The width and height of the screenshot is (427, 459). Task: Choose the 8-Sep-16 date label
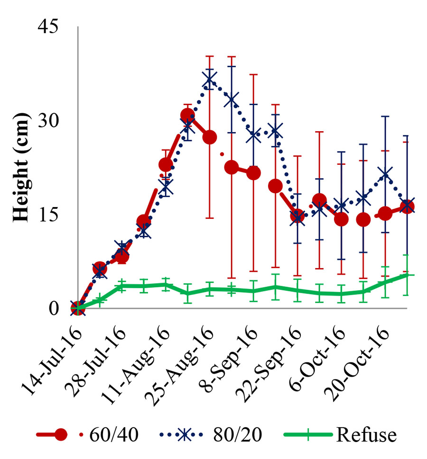[229, 346]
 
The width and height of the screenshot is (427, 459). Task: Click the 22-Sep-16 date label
[271, 348]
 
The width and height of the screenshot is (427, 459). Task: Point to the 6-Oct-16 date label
[317, 346]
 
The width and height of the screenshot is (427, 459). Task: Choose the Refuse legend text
[365, 434]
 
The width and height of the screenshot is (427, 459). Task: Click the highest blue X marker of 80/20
[210, 78]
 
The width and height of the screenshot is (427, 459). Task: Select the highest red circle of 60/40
[187, 115]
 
